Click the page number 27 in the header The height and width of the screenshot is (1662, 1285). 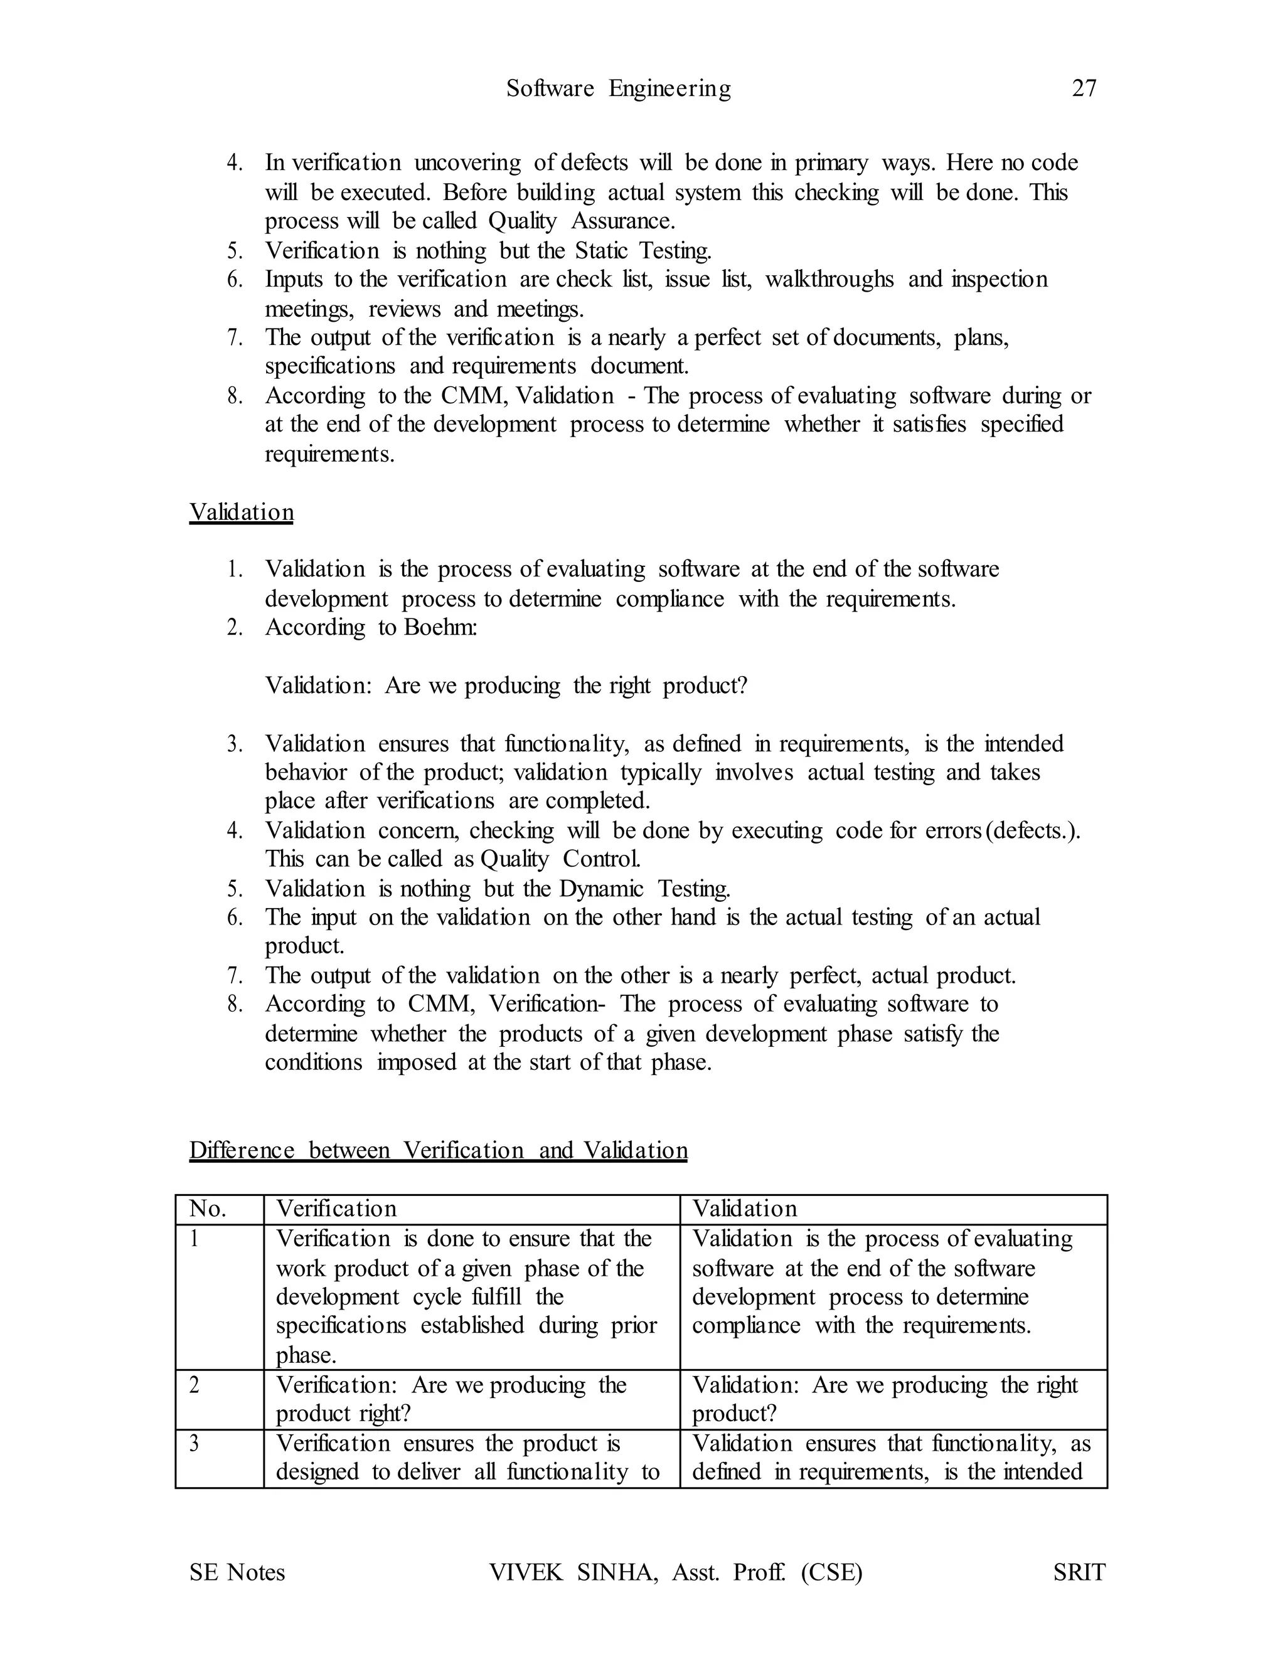[1084, 89]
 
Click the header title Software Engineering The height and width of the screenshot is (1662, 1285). [618, 89]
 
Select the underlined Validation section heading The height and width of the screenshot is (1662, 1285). [242, 512]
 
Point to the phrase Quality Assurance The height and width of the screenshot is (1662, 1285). [582, 221]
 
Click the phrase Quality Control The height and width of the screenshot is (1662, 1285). [560, 859]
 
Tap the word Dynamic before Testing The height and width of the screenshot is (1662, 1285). [601, 889]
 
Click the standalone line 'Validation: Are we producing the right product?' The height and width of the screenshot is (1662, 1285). [506, 685]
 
